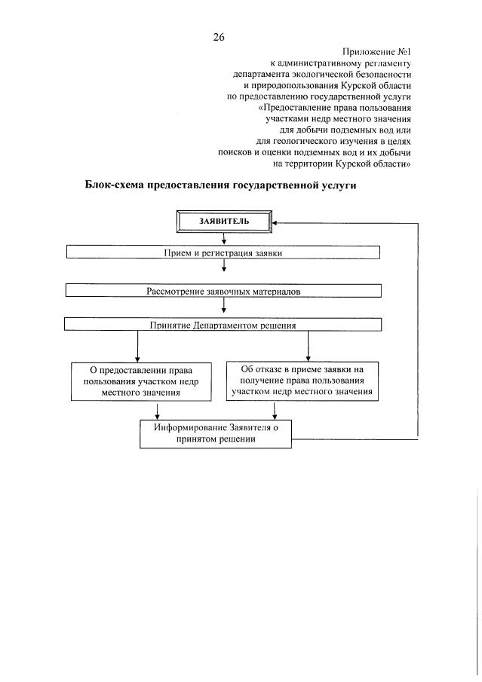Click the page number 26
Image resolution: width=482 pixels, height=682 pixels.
click(x=219, y=36)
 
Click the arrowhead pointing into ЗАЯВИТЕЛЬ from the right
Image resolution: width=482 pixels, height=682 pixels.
click(x=275, y=223)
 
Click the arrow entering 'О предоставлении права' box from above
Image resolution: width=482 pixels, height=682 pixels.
click(x=137, y=357)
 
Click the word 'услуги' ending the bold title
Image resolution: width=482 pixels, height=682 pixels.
click(x=336, y=185)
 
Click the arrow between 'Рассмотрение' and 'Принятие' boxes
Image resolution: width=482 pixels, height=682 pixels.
click(x=224, y=307)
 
